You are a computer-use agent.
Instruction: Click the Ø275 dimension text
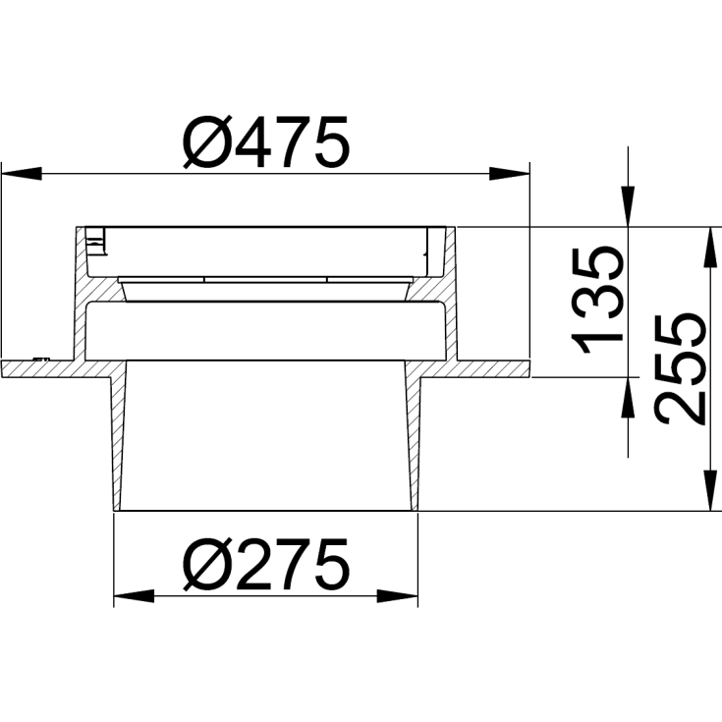click(265, 564)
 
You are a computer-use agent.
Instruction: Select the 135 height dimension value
click(599, 300)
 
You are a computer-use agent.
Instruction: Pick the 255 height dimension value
click(681, 368)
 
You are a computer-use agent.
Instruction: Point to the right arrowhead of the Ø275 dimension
click(397, 596)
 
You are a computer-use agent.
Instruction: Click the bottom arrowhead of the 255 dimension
click(706, 496)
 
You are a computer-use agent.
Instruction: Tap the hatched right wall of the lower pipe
click(414, 442)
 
